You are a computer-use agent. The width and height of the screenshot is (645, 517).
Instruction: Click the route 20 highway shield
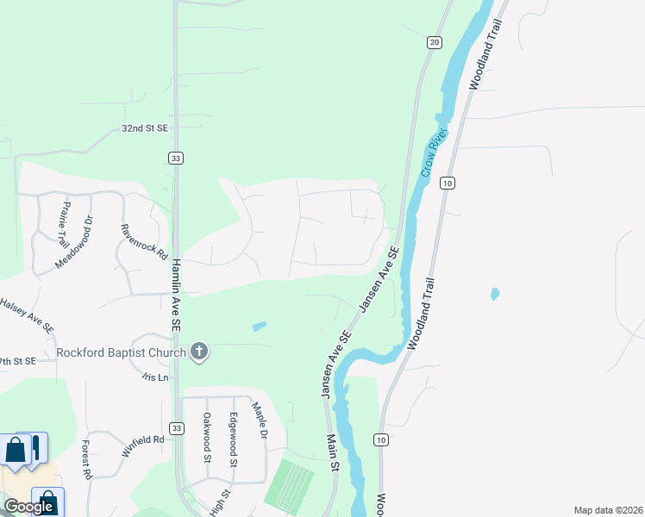(x=434, y=42)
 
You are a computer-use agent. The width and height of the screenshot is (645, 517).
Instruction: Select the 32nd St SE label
(x=144, y=128)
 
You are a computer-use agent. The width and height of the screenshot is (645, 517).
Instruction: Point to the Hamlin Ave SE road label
(x=176, y=297)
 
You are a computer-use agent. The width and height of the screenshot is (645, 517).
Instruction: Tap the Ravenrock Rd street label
(x=143, y=242)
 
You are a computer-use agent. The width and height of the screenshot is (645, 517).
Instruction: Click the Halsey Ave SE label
(x=26, y=315)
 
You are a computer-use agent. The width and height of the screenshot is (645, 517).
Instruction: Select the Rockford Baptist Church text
(x=121, y=352)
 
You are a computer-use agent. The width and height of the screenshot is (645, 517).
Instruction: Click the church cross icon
(x=199, y=351)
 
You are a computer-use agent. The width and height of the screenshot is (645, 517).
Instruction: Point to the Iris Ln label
(x=155, y=377)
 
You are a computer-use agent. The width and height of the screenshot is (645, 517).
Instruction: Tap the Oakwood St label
(x=207, y=437)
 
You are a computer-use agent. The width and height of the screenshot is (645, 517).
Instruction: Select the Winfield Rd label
(x=142, y=440)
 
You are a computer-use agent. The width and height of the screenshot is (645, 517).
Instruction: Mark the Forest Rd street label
(x=87, y=460)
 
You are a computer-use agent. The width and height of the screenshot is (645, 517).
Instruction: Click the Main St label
(x=332, y=452)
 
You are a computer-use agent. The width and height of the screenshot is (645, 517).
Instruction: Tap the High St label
(x=220, y=504)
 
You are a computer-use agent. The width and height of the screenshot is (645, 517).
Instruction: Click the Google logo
(x=28, y=507)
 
